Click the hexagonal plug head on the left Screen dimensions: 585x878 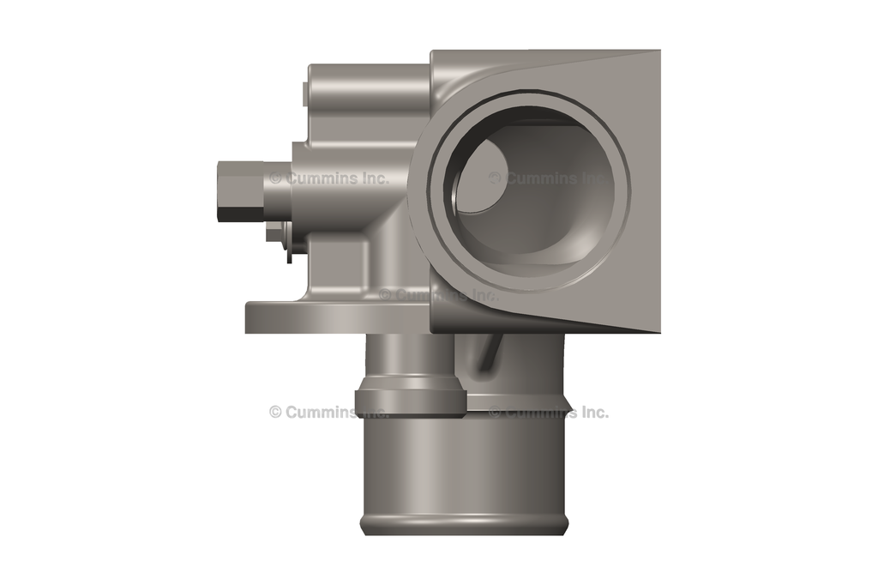(x=237, y=192)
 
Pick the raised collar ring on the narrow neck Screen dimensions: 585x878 (x=410, y=400)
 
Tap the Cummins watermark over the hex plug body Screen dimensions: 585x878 (x=329, y=178)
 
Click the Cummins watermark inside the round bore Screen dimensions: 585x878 (x=549, y=178)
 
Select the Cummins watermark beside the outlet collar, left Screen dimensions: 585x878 (x=329, y=412)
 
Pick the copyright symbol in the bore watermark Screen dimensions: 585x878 (x=495, y=178)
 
